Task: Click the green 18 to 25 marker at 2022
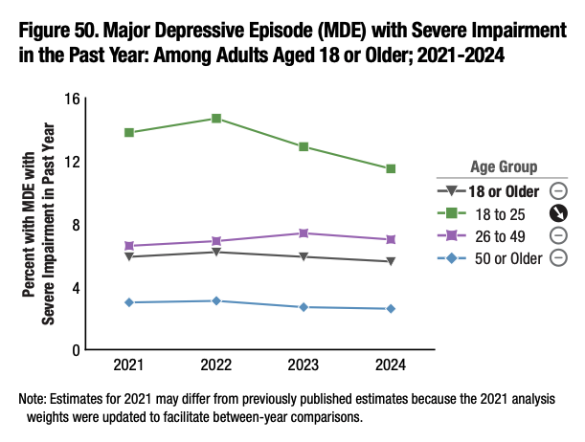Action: [216, 119]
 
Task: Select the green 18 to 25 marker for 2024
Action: [392, 168]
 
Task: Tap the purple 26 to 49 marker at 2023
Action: [304, 233]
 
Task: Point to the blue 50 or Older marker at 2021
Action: [128, 302]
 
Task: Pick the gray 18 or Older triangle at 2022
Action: [216, 252]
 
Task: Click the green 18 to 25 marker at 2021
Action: [128, 132]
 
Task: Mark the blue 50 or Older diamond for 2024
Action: [392, 308]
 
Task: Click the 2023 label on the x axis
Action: [304, 365]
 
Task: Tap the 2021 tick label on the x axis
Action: [128, 365]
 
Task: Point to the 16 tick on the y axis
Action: [69, 99]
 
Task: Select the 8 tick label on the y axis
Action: [73, 224]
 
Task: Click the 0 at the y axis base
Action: [73, 350]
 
